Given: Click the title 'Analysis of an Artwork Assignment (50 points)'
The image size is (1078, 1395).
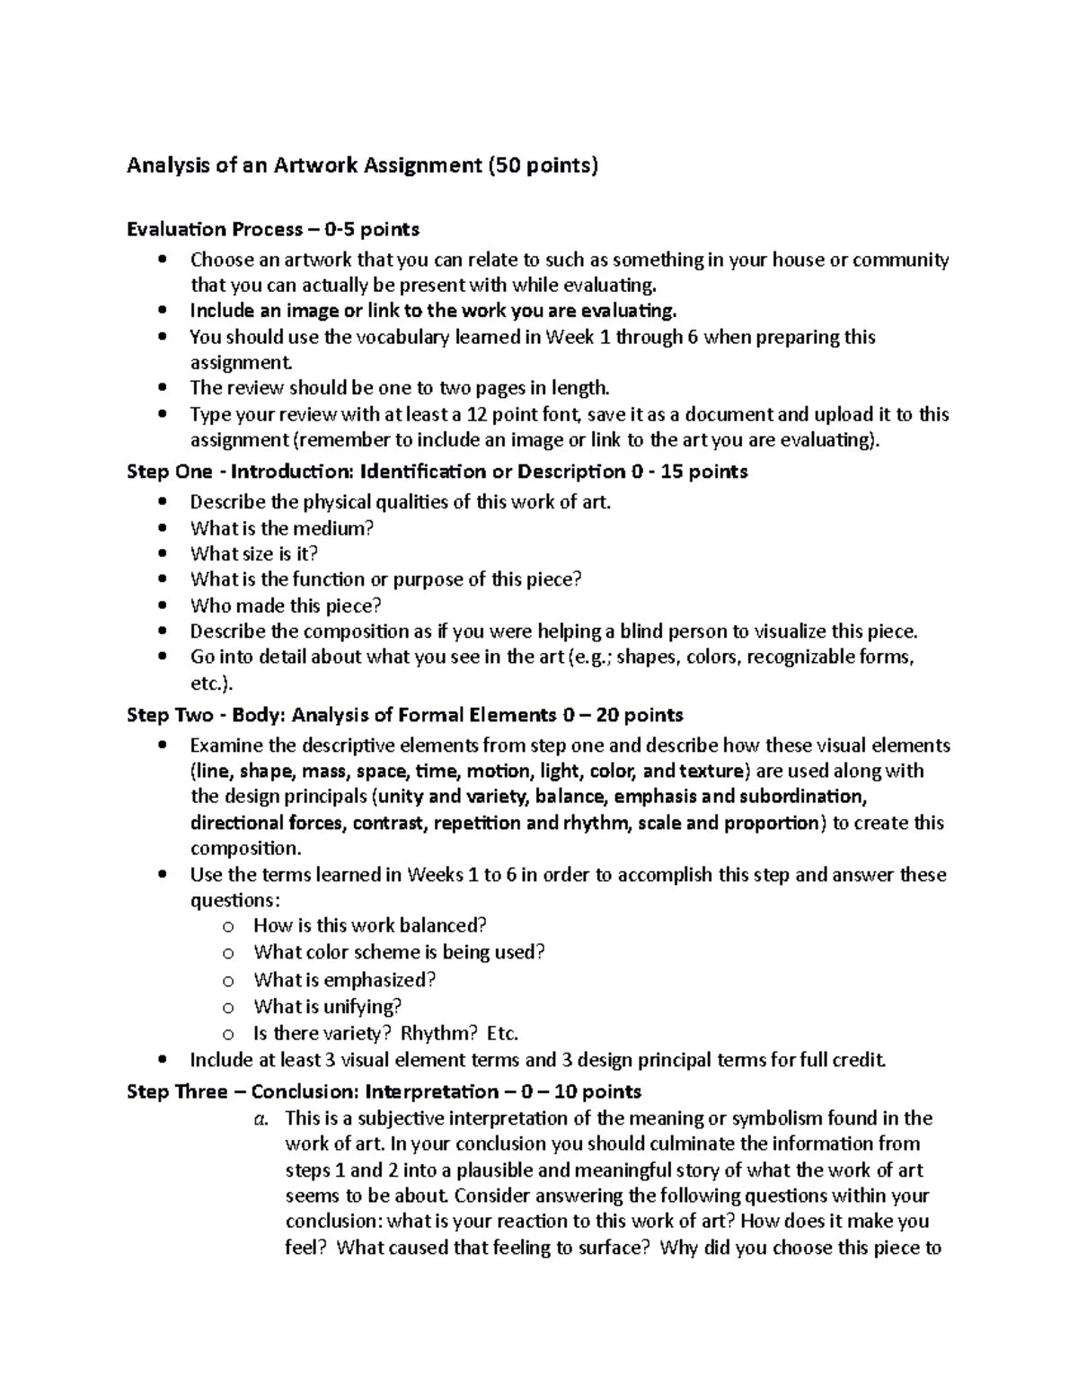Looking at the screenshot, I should click(x=361, y=165).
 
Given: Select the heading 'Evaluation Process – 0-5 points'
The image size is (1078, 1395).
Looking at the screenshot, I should click(x=273, y=229).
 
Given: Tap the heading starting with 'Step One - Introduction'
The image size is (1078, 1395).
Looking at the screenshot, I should click(x=437, y=472).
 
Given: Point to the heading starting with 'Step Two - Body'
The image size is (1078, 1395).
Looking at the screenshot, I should click(x=405, y=715).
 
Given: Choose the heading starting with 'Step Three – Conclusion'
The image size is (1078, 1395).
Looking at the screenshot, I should click(x=384, y=1091).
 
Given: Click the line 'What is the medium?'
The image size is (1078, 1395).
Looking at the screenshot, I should click(x=282, y=528).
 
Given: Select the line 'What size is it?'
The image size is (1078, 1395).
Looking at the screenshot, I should click(x=254, y=553).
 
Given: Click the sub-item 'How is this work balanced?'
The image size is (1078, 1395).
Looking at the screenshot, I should click(x=370, y=925).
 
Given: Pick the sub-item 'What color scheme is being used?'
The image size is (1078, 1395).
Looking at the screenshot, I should click(x=400, y=952).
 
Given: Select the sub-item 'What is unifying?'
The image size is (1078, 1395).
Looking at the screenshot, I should click(x=328, y=1006).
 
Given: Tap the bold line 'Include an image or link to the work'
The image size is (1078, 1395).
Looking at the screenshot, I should click(x=432, y=311).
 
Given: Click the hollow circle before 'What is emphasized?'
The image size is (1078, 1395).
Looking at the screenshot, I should click(x=228, y=981).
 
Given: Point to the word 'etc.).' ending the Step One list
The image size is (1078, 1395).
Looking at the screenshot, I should click(x=212, y=684).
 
